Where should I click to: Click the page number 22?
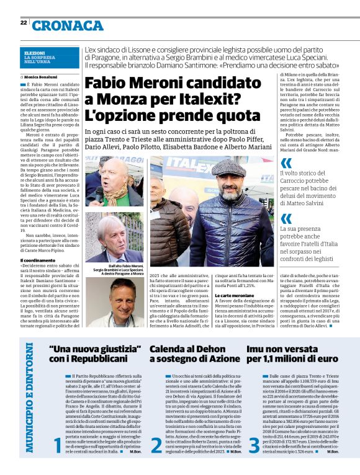click(x=23, y=23)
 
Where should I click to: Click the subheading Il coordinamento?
click(x=39, y=260)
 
